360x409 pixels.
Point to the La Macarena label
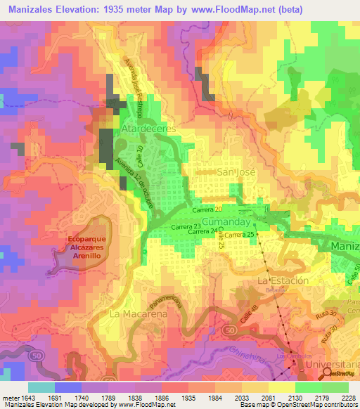[x=137, y=314]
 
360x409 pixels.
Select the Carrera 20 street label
[x=207, y=210]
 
